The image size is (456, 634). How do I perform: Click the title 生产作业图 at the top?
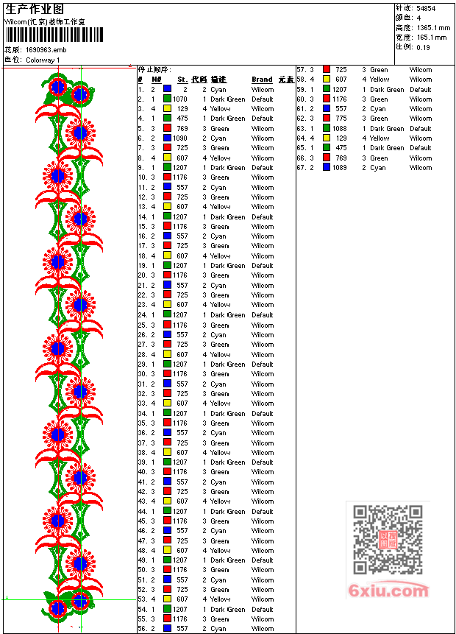(35, 9)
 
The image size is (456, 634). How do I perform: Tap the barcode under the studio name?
(55, 35)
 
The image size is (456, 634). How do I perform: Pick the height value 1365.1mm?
(432, 27)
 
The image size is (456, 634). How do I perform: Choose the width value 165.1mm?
(432, 37)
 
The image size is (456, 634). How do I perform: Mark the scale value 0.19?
(424, 46)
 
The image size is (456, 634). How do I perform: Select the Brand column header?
(262, 80)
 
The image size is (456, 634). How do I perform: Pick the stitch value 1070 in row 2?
(180, 99)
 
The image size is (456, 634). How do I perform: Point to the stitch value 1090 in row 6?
(180, 138)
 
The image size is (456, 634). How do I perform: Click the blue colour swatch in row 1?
(168, 89)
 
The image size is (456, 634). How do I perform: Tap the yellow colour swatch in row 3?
(168, 108)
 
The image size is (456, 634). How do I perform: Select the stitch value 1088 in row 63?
(339, 128)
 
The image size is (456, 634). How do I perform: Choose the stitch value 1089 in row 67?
(339, 167)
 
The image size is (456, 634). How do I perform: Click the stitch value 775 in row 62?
(341, 119)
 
